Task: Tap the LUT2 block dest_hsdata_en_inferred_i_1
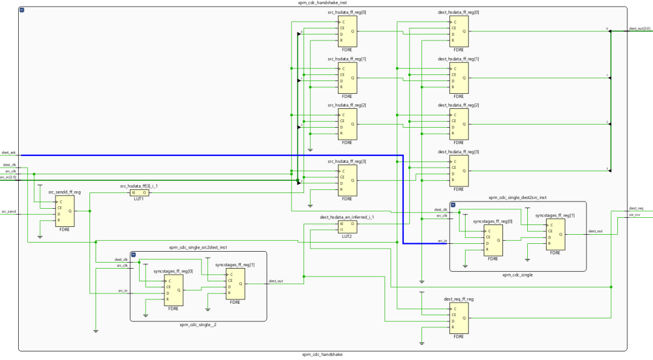pos(346,227)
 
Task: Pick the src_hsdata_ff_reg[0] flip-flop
pos(346,31)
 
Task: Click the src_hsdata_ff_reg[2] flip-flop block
pos(346,124)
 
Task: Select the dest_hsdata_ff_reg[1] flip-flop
pos(458,78)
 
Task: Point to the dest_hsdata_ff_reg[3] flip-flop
pos(458,171)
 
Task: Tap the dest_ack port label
pos(9,152)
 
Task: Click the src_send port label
pos(8,212)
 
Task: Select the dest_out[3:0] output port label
pos(640,28)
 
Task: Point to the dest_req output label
pos(636,208)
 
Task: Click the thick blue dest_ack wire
pos(212,155)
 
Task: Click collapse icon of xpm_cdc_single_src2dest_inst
pos(134,255)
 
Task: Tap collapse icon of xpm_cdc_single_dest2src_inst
pos(453,205)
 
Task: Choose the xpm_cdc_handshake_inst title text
pos(322,3)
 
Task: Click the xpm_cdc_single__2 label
pos(198,325)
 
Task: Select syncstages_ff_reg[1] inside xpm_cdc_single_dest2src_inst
pos(556,234)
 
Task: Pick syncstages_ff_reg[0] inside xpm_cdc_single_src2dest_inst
pos(174,291)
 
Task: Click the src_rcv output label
pos(635,215)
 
